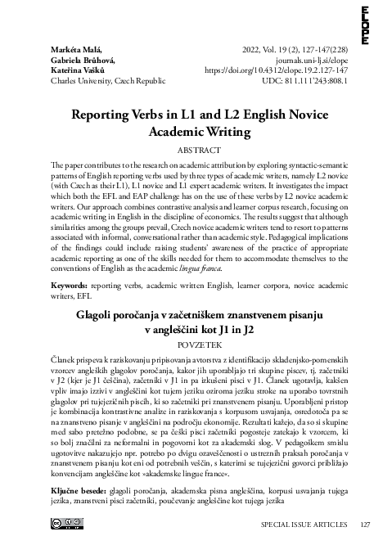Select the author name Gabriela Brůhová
click(83, 61)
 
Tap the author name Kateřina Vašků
click(79, 71)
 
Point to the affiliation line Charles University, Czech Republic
click(108, 82)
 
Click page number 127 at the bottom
click(365, 525)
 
